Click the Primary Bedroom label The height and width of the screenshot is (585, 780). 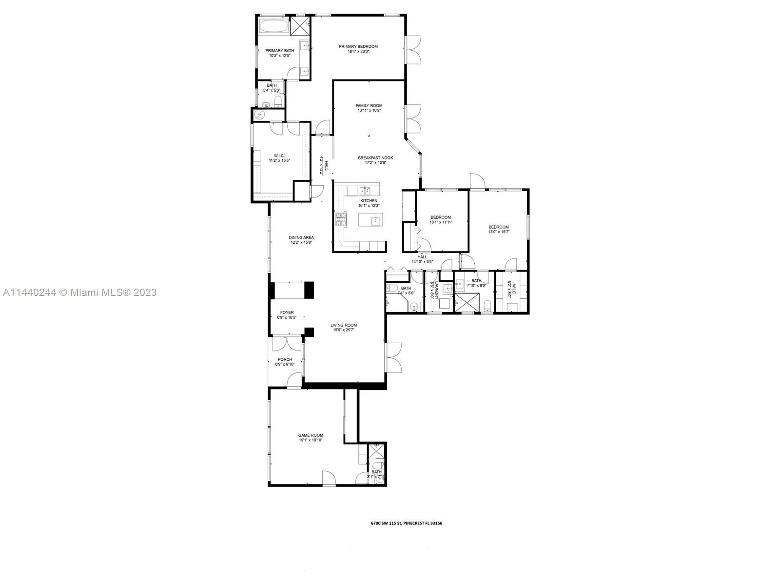coord(358,47)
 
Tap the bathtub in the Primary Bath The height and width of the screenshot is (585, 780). coord(273,27)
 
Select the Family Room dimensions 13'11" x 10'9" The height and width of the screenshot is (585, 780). coord(369,111)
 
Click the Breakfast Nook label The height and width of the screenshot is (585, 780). coord(375,157)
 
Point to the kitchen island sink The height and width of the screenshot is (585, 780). coord(375,221)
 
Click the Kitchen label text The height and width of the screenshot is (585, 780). coord(369,201)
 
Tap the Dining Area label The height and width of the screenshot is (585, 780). coord(301,237)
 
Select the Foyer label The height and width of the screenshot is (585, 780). coord(287,312)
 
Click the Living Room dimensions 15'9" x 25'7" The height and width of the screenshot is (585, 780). coord(344,330)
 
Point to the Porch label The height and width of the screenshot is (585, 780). coord(285,359)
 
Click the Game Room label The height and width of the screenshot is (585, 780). coord(311,435)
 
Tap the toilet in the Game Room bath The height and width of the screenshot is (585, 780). coord(380,479)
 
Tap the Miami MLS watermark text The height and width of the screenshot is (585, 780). coord(79,292)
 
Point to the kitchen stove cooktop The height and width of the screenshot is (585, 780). coord(340,219)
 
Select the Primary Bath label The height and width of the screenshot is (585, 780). coord(279,50)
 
